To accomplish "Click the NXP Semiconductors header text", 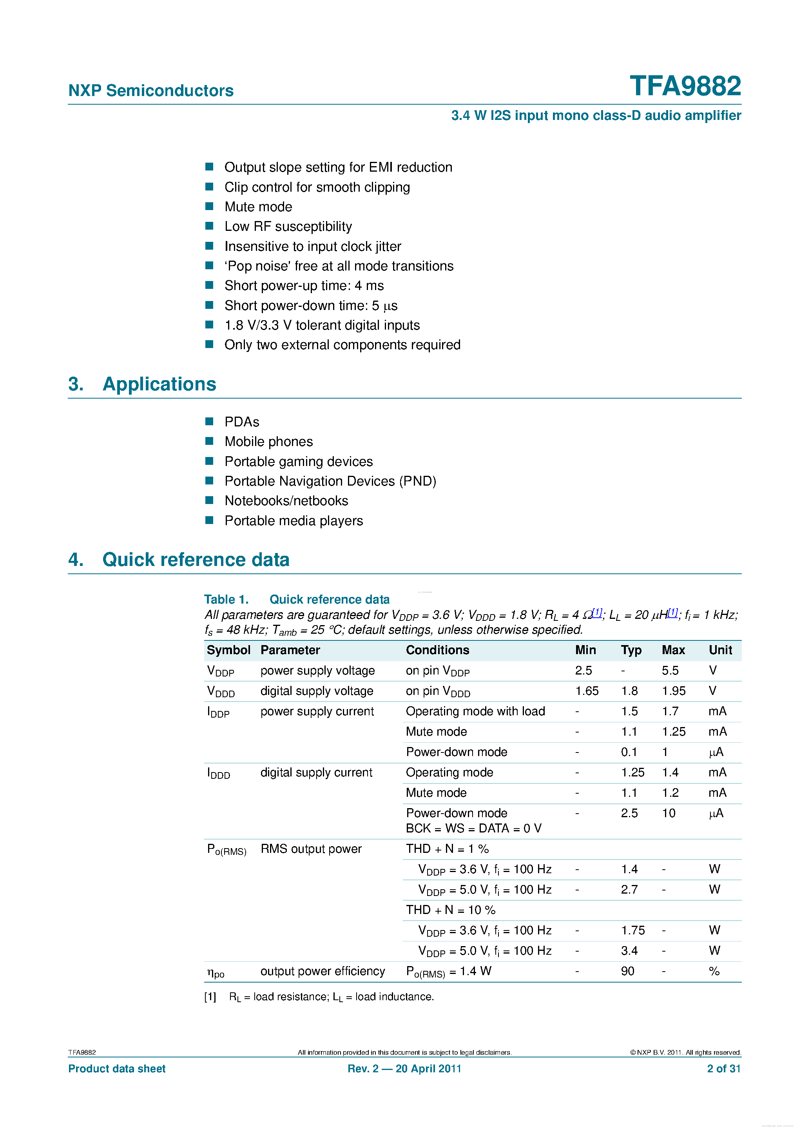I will click(151, 91).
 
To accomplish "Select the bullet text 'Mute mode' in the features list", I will click(258, 207).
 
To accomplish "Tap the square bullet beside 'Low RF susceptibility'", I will click(210, 226).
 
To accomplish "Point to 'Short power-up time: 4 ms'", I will click(304, 285).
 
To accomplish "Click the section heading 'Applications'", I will click(159, 384).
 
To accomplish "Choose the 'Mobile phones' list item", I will click(268, 441).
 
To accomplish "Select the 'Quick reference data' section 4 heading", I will click(196, 560).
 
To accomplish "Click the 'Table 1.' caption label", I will click(226, 599).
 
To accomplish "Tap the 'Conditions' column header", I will click(437, 650).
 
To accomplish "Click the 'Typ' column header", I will click(631, 650).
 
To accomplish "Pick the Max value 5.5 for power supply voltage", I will click(670, 670).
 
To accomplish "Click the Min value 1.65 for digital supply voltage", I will click(586, 691).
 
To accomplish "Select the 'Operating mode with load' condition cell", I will click(475, 711).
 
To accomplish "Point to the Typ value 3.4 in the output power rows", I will click(629, 951).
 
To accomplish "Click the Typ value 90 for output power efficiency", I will click(627, 971).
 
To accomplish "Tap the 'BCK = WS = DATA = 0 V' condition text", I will click(473, 829).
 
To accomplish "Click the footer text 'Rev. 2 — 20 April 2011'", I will click(404, 1069).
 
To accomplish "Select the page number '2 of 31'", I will click(723, 1069).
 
